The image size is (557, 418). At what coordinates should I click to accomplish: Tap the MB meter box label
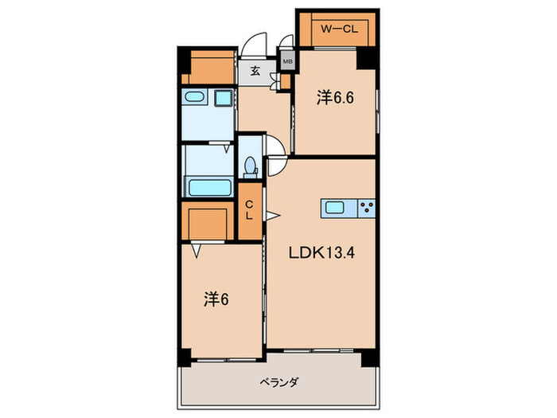coord(286,60)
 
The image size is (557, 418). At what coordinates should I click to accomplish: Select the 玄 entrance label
coord(255,71)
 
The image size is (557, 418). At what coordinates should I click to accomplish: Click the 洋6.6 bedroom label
coord(334,99)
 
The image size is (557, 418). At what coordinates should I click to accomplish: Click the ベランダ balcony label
coord(279,383)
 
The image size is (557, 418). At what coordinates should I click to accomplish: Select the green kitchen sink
coord(334,208)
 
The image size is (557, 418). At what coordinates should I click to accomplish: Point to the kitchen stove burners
coord(367,208)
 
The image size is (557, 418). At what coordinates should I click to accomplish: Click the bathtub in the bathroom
coord(208,188)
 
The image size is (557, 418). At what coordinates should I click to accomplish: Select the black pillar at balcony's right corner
coord(368,358)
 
